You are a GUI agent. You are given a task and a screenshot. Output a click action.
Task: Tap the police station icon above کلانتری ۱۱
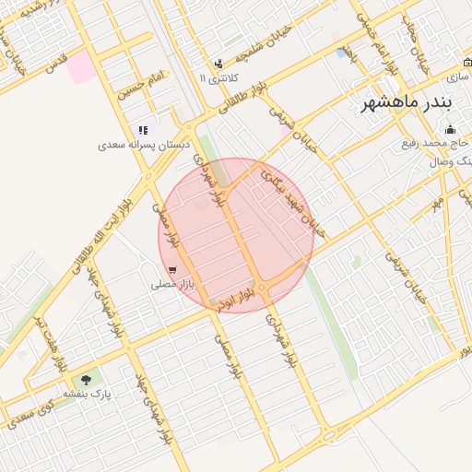(x=218, y=64)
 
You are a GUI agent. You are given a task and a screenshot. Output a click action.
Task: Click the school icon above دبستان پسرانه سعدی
(x=142, y=131)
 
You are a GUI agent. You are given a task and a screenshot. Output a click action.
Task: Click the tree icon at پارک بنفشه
(x=87, y=378)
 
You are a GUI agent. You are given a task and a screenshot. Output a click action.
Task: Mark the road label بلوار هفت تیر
(x=50, y=342)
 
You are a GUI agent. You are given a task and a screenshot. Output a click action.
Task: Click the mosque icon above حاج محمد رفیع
(x=450, y=129)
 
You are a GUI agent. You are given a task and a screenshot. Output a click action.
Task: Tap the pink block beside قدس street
(x=81, y=67)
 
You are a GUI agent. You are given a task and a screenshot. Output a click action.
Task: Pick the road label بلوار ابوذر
(x=234, y=298)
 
